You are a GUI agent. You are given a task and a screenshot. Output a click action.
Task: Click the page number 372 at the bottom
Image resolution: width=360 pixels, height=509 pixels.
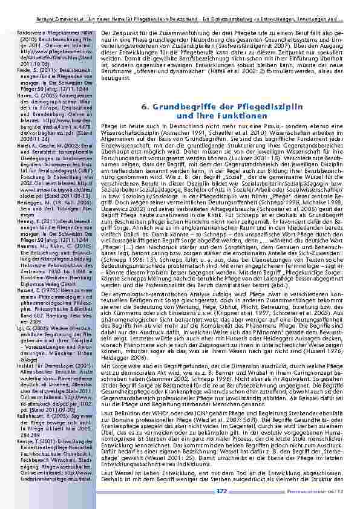(221, 491)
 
